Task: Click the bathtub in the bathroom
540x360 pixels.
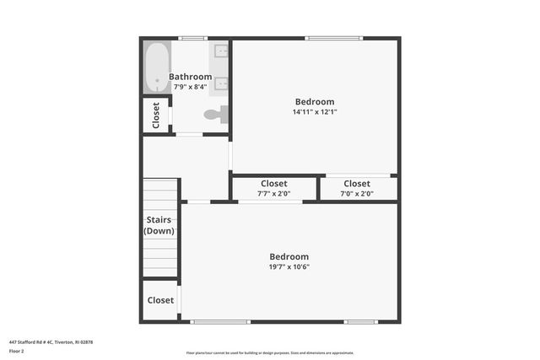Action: (156, 67)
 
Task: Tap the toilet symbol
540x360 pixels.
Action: (215, 114)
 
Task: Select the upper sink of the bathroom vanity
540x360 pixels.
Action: (222, 51)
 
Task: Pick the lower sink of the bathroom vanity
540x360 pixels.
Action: (222, 83)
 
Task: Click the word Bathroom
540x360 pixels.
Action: (190, 77)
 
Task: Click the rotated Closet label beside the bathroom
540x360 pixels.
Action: (156, 116)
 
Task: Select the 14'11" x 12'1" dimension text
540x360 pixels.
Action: (315, 111)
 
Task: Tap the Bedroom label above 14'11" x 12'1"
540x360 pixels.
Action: (314, 101)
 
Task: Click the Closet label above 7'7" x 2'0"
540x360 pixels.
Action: (273, 184)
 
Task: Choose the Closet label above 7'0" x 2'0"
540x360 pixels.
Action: (356, 184)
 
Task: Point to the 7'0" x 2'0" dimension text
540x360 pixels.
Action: (356, 194)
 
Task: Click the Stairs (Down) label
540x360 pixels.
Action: (159, 225)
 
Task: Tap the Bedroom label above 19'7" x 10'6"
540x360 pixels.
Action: (289, 256)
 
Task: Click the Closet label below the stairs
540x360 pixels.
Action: (160, 300)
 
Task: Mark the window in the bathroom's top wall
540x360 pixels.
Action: (192, 38)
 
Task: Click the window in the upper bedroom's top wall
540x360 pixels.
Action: (334, 38)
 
